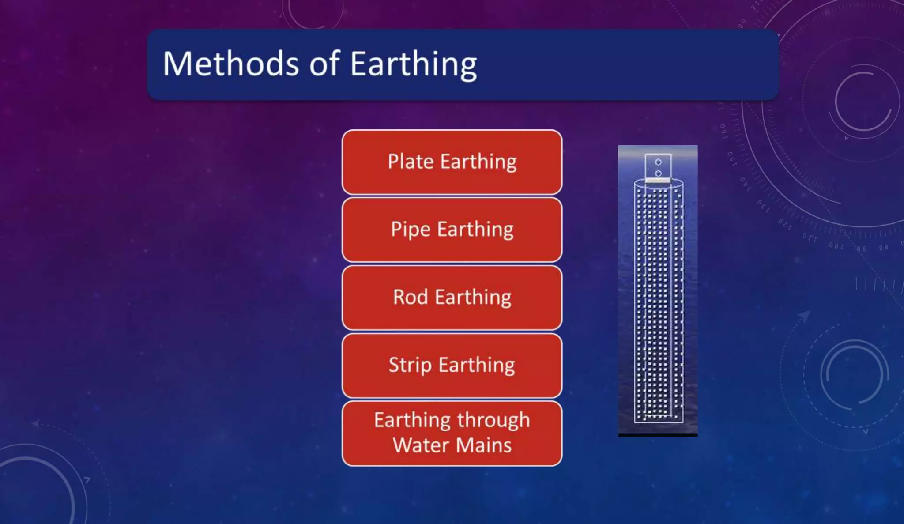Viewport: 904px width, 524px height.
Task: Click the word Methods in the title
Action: [231, 64]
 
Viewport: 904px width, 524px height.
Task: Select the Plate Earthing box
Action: [452, 162]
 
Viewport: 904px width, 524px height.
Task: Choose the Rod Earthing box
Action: [452, 298]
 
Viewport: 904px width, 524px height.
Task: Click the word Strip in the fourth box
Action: [410, 366]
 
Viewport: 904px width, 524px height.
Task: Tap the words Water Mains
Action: [452, 445]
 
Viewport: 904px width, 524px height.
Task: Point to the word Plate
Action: [411, 162]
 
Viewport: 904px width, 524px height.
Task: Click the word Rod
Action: [411, 297]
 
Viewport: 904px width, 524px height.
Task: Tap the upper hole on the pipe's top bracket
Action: [658, 162]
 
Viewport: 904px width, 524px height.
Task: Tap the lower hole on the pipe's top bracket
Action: [658, 173]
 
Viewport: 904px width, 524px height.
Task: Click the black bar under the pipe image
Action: [658, 435]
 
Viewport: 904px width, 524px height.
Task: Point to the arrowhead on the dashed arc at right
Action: [804, 315]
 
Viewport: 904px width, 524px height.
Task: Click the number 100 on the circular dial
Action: [836, 245]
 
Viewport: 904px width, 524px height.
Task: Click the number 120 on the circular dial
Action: [785, 224]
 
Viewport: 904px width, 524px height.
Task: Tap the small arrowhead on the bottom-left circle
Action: [87, 480]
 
